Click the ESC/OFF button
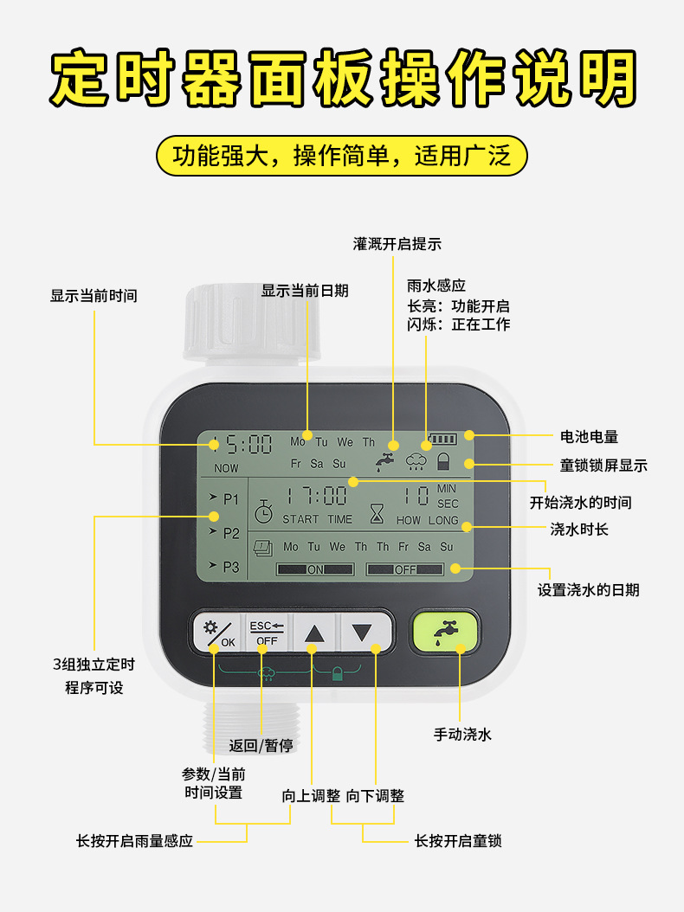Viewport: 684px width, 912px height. point(266,633)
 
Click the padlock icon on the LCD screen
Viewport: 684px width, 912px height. point(444,461)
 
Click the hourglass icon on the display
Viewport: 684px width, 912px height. point(377,515)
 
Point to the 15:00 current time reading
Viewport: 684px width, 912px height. point(243,445)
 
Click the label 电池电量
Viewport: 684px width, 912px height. point(590,437)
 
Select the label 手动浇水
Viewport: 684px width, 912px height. point(462,735)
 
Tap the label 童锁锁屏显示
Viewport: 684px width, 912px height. point(603,466)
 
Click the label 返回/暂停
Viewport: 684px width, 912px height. point(261,746)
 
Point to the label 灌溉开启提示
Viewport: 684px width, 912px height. point(397,244)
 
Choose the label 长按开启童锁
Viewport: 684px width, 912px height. point(458,840)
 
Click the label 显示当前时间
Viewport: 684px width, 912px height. point(94,296)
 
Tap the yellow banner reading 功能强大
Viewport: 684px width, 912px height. point(341,156)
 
